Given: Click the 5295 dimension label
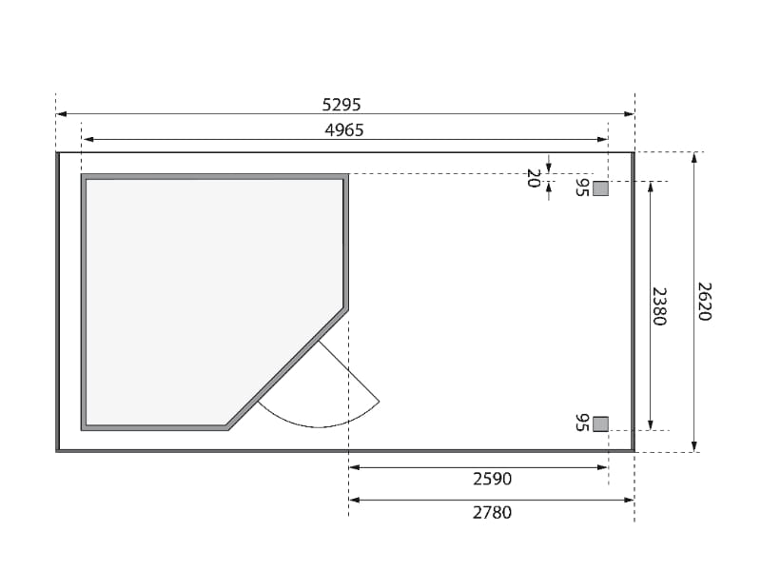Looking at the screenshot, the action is coord(341,105).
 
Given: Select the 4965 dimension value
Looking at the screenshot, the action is coord(344,130).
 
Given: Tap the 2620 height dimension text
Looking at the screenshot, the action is coord(704,302).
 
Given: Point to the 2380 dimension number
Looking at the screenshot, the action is coord(659,305).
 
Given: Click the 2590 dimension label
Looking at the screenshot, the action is coord(492,480).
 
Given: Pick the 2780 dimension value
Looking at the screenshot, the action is coord(492,513).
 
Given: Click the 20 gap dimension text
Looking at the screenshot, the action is coord(534,178).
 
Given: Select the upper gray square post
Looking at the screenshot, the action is coord(600,188).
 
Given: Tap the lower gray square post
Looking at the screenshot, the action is coord(600,423).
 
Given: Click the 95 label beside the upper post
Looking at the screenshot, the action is coord(582,187).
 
